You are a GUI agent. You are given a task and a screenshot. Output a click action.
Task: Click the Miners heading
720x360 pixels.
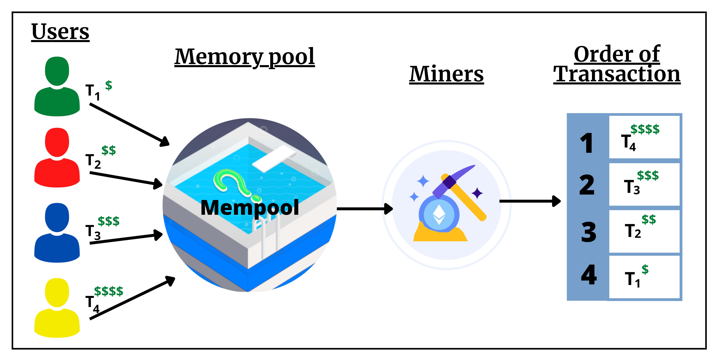[x=446, y=74]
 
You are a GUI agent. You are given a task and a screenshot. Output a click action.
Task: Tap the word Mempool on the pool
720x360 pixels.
[x=250, y=208]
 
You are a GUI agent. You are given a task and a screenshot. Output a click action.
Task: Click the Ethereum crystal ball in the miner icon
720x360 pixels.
[x=439, y=214]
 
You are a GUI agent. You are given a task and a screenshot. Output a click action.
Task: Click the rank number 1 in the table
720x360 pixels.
[x=586, y=143]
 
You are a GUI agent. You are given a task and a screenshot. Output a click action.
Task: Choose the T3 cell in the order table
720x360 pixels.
[x=644, y=184]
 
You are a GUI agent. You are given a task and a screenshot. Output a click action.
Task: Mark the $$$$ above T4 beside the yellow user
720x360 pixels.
[x=108, y=291]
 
